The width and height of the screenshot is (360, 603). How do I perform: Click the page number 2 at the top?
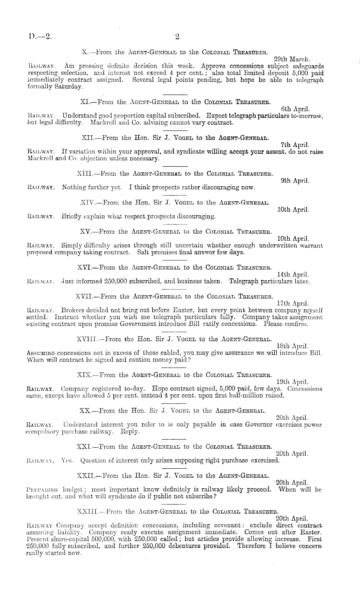(x=177, y=37)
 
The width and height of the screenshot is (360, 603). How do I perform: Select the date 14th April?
(x=293, y=275)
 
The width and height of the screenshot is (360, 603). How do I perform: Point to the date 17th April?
(x=293, y=304)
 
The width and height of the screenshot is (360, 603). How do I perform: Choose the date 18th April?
(x=293, y=346)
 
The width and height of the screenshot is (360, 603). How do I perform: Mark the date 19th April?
(x=293, y=382)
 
